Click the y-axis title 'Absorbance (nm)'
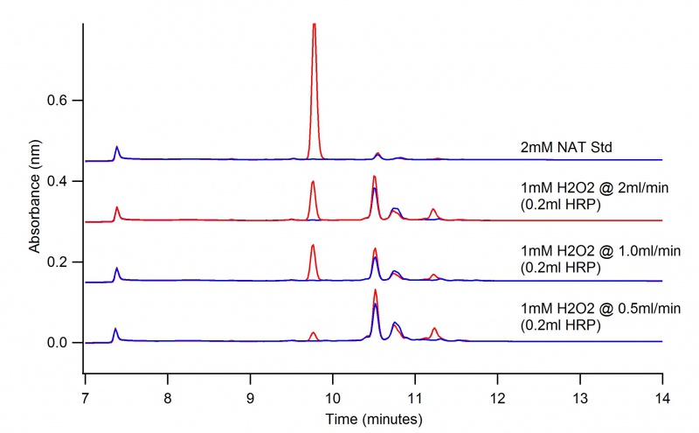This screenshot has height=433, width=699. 35,200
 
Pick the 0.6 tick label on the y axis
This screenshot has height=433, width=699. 59,101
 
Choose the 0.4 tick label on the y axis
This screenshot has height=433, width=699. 59,182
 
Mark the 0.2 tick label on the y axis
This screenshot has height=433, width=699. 59,262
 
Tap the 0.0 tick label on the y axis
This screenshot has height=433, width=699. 59,343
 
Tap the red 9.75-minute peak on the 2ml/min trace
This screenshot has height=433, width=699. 313,183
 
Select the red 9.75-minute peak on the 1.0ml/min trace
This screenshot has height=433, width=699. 313,247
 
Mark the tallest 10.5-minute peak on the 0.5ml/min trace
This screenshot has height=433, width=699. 375,291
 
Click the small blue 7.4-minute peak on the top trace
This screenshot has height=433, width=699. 117,148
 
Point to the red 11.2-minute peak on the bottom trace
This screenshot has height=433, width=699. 434,329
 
